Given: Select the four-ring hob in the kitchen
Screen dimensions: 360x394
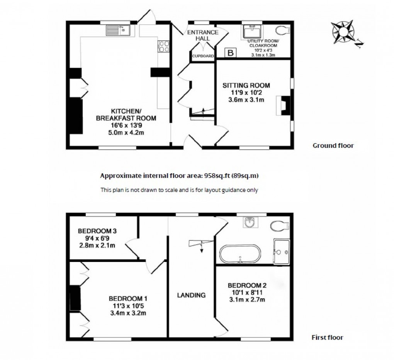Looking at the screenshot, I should click(x=163, y=46).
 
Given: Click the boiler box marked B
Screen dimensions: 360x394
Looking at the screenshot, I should click(x=231, y=53).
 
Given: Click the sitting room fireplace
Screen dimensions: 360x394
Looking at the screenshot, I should click(x=284, y=105).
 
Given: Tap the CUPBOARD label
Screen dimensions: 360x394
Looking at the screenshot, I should click(x=203, y=56).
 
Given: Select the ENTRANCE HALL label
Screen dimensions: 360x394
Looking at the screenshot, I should click(x=203, y=35).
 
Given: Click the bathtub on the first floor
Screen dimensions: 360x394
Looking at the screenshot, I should click(x=240, y=254).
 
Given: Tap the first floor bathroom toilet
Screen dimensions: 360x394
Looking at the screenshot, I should click(x=280, y=225).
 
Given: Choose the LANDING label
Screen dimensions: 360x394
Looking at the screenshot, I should click(x=191, y=295).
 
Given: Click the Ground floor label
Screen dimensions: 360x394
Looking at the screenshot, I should click(x=333, y=145).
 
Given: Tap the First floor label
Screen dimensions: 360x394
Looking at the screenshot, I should click(x=327, y=337).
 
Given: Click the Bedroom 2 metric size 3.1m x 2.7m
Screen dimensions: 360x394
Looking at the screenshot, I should click(x=247, y=299).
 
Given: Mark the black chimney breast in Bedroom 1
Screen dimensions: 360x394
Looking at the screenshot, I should click(x=75, y=298).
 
